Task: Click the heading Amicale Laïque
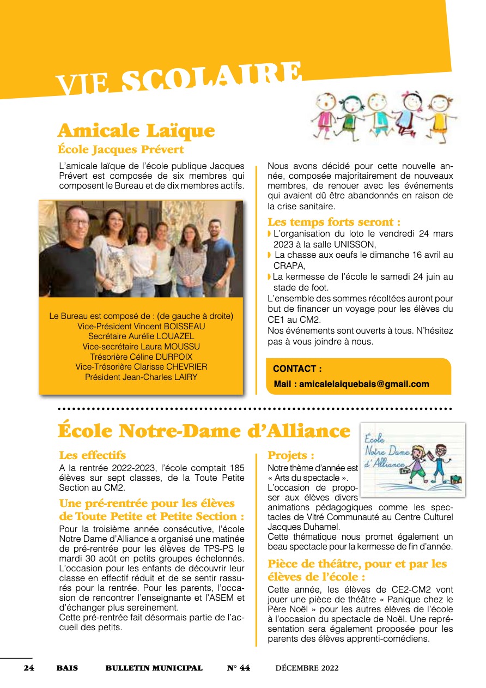point(136,131)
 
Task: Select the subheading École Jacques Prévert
point(120,149)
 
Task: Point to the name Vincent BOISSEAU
point(161,326)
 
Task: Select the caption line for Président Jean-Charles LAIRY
point(141,377)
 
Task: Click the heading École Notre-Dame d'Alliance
point(204,431)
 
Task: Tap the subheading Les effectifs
point(92,455)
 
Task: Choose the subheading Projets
point(291,455)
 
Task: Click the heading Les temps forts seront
point(334,222)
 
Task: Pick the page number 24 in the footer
point(29,668)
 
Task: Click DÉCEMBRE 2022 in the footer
point(307,668)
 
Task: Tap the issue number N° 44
point(239,668)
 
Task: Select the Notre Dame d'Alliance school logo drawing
point(413,460)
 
